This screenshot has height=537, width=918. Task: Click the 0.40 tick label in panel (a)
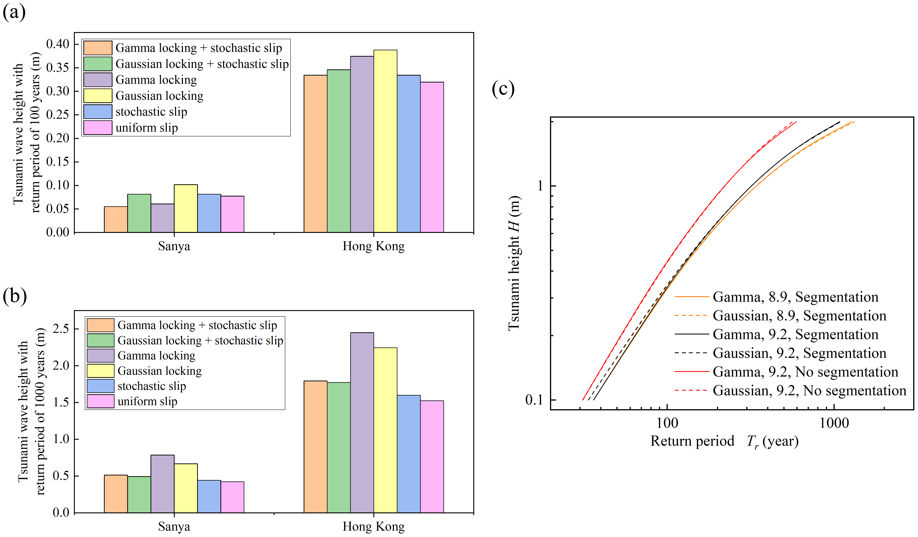[58, 44]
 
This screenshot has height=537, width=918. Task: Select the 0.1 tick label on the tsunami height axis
[534, 400]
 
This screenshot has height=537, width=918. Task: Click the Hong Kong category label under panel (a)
[373, 246]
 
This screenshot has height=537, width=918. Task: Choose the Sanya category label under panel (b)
[174, 526]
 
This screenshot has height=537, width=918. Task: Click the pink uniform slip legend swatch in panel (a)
[98, 127]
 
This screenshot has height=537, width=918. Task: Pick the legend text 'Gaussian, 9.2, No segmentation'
[809, 391]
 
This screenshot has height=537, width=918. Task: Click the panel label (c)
[503, 88]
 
